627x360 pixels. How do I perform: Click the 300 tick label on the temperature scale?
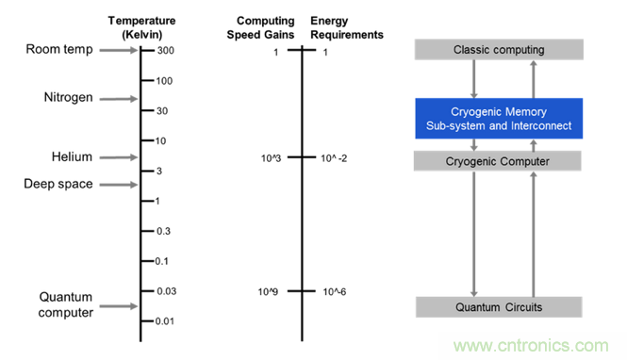pyautogui.click(x=166, y=50)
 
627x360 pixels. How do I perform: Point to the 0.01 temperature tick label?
pyautogui.click(x=165, y=321)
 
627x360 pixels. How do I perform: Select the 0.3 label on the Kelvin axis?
pyautogui.click(x=163, y=231)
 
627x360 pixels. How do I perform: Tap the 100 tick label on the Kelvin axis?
pyautogui.click(x=164, y=81)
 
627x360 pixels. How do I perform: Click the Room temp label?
pyautogui.click(x=59, y=50)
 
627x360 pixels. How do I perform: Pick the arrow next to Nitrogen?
pyautogui.click(x=119, y=99)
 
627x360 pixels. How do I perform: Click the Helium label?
pyautogui.click(x=72, y=156)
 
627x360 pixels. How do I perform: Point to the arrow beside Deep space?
pyautogui.click(x=119, y=185)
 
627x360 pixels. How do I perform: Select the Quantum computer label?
pyautogui.click(x=66, y=304)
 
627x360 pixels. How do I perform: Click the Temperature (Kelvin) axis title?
pyautogui.click(x=142, y=27)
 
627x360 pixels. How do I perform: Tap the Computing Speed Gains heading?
pyautogui.click(x=261, y=27)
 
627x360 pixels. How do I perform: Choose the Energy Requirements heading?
pyautogui.click(x=347, y=27)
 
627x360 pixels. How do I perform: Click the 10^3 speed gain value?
pyautogui.click(x=271, y=158)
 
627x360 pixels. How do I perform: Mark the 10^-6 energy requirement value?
pyautogui.click(x=335, y=292)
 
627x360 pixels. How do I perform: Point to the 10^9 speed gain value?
pyautogui.click(x=268, y=292)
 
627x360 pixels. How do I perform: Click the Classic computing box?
pyautogui.click(x=499, y=50)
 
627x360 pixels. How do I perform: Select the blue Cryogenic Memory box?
pyautogui.click(x=499, y=119)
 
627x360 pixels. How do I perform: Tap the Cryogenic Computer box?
pyautogui.click(x=498, y=161)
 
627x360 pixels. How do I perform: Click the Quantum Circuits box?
pyautogui.click(x=499, y=307)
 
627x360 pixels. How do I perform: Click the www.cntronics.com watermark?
pyautogui.click(x=531, y=346)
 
